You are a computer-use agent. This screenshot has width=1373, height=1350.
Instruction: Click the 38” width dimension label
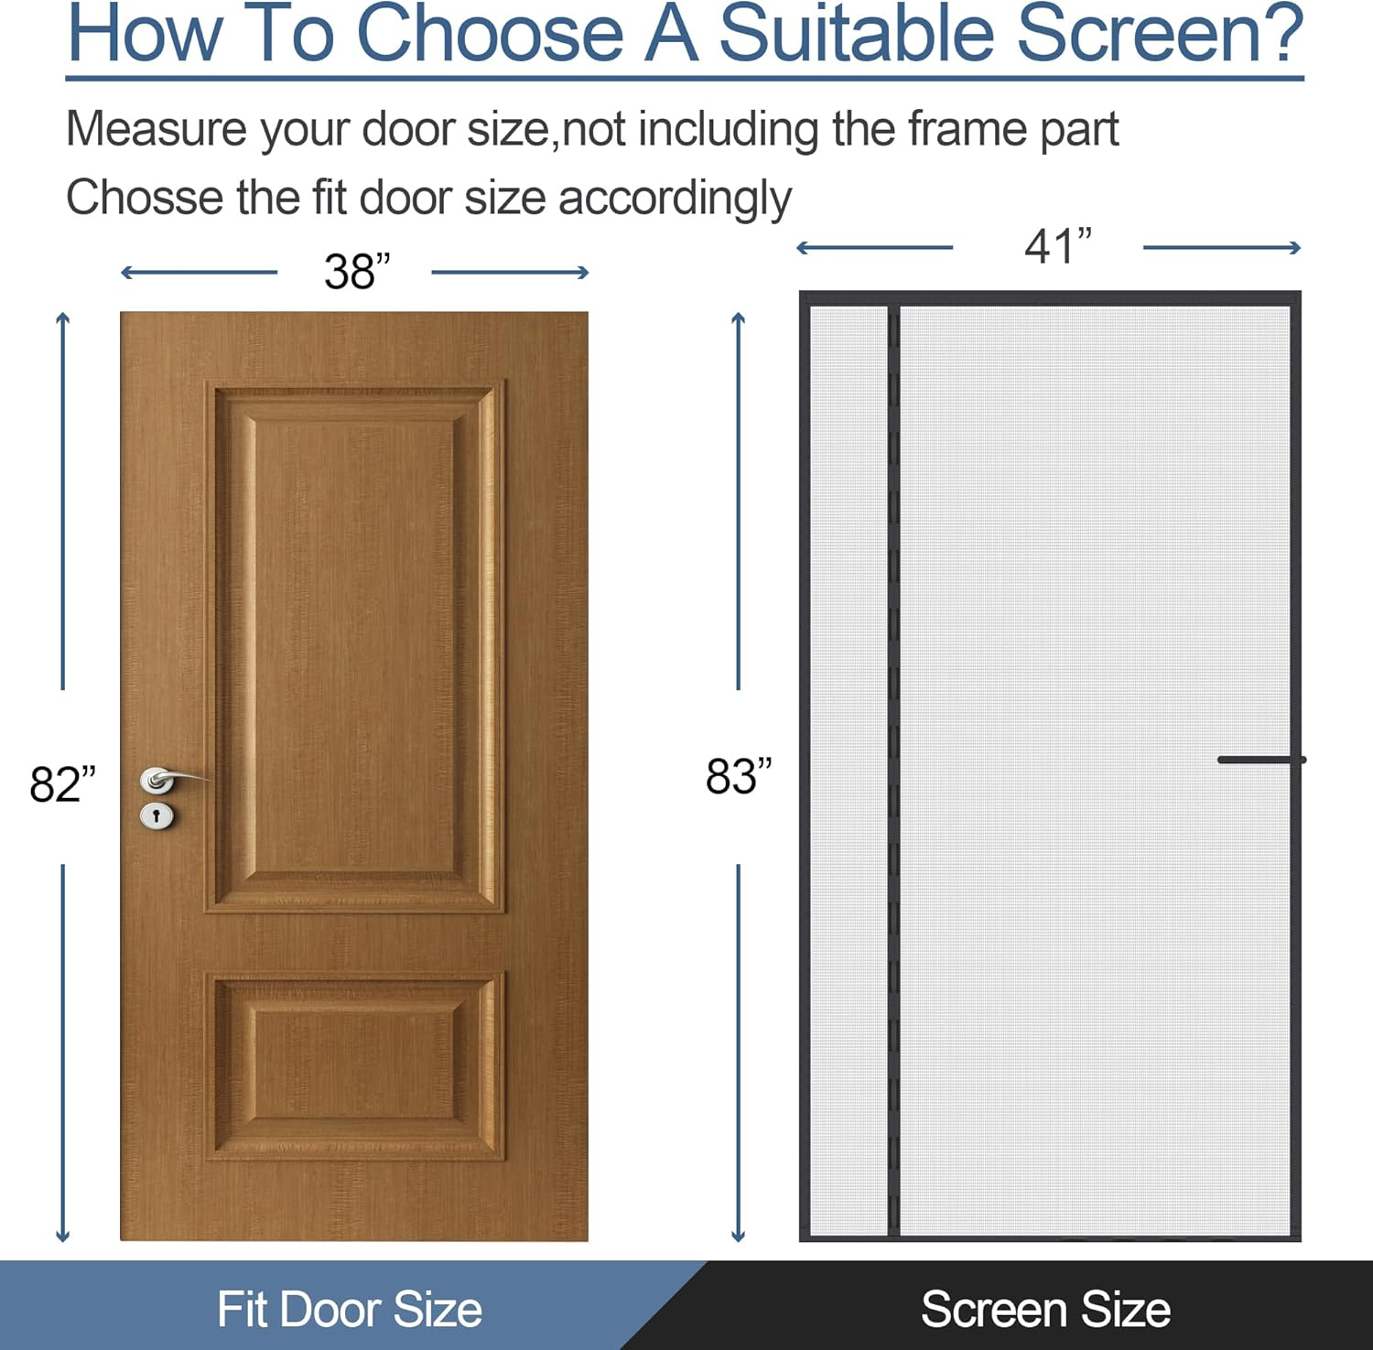[356, 272]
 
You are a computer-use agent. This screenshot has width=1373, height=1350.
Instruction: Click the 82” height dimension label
[62, 784]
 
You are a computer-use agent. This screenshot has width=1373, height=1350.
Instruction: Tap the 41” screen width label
[1058, 246]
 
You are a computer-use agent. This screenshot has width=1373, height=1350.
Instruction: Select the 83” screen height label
[739, 777]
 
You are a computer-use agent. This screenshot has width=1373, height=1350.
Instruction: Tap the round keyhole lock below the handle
[157, 815]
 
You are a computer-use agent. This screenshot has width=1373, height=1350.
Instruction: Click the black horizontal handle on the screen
[1259, 760]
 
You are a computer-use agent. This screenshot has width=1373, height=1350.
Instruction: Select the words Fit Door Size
[349, 1309]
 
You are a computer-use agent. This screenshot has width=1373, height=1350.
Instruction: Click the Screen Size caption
[1045, 1309]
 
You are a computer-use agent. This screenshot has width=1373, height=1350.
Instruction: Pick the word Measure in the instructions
[156, 129]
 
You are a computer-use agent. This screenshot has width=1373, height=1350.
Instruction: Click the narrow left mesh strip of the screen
[849, 769]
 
